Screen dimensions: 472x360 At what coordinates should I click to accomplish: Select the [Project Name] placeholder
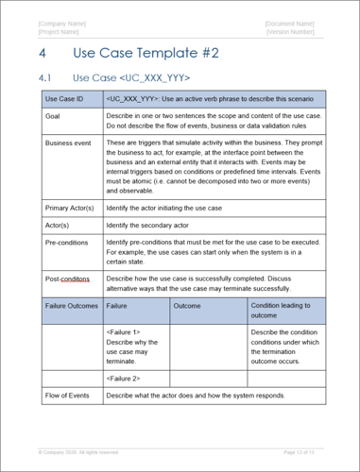[60, 32]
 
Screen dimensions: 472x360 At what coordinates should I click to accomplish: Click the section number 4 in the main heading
[43, 56]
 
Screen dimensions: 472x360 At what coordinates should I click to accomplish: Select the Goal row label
[53, 115]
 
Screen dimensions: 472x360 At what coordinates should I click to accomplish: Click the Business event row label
[69, 143]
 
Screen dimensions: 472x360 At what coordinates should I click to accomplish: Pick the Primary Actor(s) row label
[70, 207]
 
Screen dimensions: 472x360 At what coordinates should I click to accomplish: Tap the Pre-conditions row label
[66, 243]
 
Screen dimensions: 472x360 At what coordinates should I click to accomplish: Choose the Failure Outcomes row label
[71, 306]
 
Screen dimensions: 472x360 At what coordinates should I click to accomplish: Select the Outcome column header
[187, 306]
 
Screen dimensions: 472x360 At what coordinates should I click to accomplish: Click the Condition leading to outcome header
[282, 311]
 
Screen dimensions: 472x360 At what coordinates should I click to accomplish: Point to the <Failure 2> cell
[123, 378]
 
